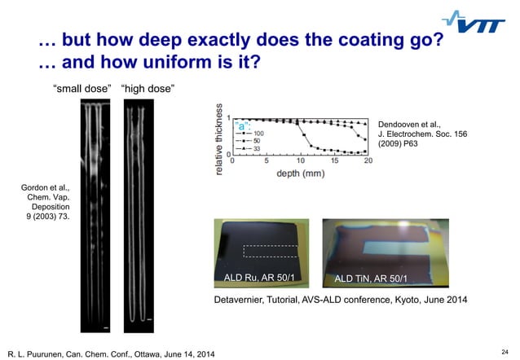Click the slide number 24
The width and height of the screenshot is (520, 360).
point(505,349)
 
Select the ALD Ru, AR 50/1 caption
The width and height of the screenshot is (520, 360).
point(259,279)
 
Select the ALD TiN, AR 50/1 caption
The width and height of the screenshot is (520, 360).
point(372,279)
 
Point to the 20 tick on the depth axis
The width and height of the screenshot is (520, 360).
point(368,161)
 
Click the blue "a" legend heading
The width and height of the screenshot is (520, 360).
point(243,125)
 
